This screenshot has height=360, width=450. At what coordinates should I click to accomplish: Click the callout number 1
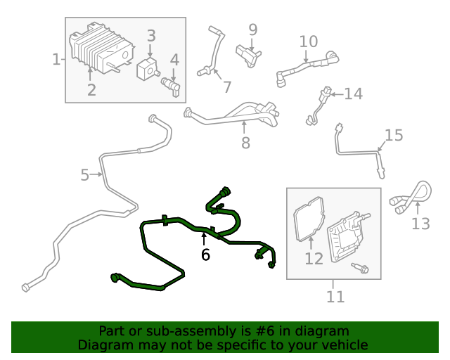[56, 60]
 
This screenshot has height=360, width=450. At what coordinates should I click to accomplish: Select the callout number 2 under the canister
[91, 89]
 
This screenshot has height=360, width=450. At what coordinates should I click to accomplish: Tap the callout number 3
[151, 36]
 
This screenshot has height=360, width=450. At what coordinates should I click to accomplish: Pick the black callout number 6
[205, 255]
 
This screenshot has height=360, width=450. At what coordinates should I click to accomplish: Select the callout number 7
[226, 87]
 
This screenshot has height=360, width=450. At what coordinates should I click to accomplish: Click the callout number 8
[245, 143]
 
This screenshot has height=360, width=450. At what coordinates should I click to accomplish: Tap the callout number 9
[252, 30]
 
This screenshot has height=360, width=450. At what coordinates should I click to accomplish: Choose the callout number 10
[309, 41]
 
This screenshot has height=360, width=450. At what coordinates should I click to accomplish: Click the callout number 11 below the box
[335, 297]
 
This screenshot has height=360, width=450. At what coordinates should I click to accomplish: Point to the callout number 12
[314, 258]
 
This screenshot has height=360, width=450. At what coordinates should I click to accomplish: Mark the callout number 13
[420, 224]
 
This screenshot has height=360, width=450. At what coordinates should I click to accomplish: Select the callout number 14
[353, 94]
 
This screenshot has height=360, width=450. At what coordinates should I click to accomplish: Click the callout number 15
[394, 135]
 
